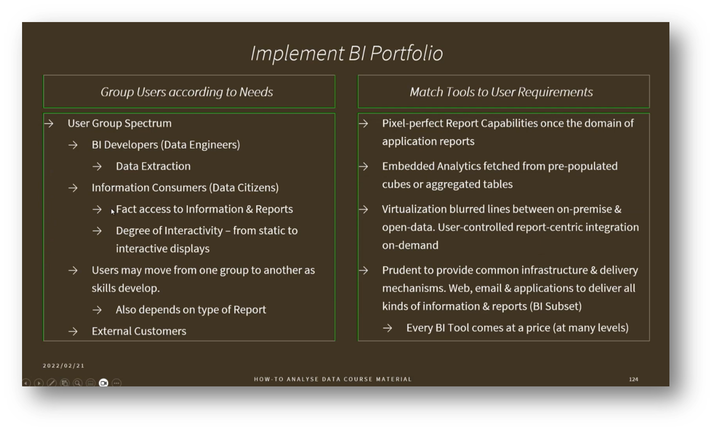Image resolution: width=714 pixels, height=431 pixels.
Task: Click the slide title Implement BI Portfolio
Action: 346,53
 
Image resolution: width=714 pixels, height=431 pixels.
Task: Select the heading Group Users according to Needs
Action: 187,92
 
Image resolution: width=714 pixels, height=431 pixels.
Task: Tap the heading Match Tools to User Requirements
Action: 501,92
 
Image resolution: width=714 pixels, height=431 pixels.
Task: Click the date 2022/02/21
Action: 63,366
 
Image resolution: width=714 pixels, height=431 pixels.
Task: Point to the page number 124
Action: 633,379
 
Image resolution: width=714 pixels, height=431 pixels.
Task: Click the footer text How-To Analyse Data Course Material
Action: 332,379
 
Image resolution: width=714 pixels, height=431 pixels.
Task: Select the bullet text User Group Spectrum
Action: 119,123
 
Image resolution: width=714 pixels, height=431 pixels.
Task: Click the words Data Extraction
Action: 153,166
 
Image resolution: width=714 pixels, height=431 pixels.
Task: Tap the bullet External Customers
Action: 139,331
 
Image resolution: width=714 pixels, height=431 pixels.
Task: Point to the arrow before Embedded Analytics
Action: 363,167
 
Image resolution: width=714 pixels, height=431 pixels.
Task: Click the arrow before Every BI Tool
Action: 387,328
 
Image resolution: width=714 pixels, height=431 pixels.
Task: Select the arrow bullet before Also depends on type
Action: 97,310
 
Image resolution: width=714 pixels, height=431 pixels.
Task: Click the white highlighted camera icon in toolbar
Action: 103,383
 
